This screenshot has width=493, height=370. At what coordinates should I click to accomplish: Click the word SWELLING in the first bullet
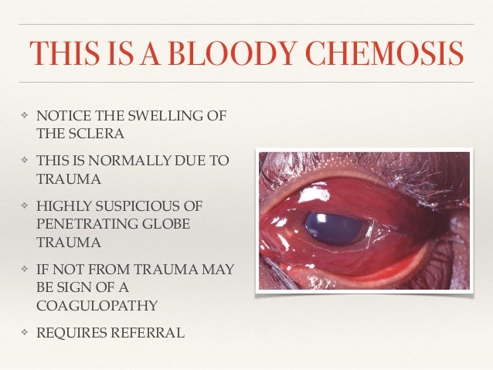click(x=155, y=117)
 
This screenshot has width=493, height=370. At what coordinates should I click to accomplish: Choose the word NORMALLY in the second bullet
click(x=136, y=164)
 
